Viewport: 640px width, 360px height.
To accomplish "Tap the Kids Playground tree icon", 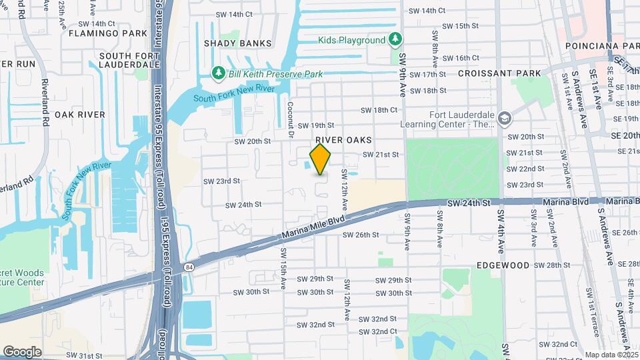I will tap(395, 40).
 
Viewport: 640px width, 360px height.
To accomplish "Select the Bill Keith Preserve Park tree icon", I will tap(217, 73).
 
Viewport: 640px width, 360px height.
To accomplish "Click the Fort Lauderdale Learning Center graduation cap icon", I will tap(505, 119).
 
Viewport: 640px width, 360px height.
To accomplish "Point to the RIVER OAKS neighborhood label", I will tap(343, 140).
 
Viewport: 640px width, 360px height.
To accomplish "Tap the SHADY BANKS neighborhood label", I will tap(237, 43).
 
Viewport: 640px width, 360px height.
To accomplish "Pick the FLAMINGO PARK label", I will tap(107, 33).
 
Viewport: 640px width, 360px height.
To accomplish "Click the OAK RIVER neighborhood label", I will tap(80, 115).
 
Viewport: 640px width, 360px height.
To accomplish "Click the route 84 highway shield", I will tap(189, 266).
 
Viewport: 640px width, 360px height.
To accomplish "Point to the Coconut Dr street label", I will tap(291, 120).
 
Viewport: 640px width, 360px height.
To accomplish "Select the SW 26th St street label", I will tap(361, 235).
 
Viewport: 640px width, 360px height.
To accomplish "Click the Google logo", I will tap(22, 351).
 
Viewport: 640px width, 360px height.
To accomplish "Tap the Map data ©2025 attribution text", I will tap(612, 355).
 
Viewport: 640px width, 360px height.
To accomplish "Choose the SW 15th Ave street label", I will tap(283, 269).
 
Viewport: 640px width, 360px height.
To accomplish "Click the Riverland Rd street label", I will tap(46, 104).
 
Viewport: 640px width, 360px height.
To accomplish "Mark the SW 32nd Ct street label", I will tap(379, 331).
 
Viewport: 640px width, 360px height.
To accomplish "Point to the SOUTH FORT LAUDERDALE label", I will tap(129, 61).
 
